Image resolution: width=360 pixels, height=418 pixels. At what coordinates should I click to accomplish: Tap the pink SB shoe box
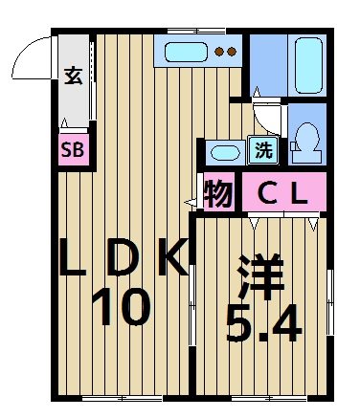tap(72, 149)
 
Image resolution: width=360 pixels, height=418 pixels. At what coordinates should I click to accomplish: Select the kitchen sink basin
tap(186, 52)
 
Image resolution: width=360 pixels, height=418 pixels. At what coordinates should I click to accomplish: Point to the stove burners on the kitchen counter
tap(226, 52)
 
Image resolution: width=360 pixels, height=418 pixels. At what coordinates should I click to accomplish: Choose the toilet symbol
tap(307, 143)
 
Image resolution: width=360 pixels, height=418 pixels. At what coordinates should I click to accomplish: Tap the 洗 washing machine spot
tap(262, 149)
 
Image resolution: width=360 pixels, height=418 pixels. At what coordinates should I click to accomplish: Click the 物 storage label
tap(219, 195)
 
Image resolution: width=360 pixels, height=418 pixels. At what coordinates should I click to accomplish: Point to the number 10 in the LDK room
tap(121, 308)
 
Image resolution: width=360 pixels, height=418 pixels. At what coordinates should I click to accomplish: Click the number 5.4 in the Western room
tap(263, 324)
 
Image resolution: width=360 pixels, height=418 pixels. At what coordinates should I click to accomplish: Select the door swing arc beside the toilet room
tap(271, 117)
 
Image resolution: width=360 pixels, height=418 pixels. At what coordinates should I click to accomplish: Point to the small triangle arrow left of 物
tap(191, 202)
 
